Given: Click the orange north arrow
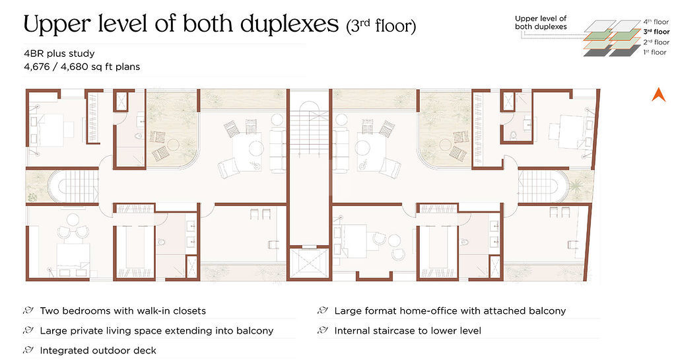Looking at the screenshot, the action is coord(658,95).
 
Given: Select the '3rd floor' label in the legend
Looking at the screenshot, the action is coord(656,32).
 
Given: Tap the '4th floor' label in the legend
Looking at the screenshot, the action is coord(656,22).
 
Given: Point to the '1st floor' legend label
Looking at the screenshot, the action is coord(655,52).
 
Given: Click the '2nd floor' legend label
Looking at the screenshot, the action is coord(656,42).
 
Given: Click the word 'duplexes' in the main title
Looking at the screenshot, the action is coord(289,24).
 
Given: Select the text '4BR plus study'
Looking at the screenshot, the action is coord(59,54).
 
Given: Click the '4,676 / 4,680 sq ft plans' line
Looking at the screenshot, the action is coord(82,67).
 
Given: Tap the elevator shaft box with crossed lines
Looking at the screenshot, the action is coord(309,263).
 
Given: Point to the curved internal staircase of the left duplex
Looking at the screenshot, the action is coord(73,186).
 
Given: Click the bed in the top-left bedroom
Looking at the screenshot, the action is coord(51,129).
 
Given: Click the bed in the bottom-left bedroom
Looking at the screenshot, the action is coord(73,260).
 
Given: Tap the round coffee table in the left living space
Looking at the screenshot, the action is coord(256,149).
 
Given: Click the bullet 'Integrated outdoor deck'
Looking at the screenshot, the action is coord(98,351).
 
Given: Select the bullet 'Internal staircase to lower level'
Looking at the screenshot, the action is coord(407,331).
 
